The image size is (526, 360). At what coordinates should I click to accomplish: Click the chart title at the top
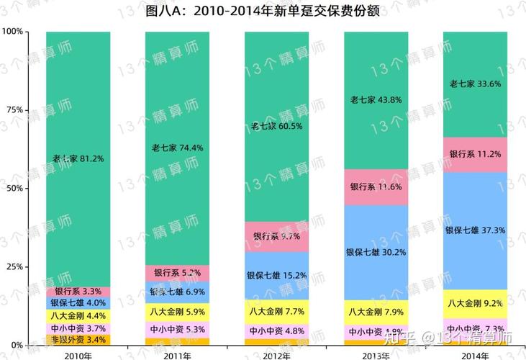(x=263, y=11)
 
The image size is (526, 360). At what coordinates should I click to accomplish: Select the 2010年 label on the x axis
(x=78, y=354)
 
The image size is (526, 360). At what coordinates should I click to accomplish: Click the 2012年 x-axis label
(x=277, y=354)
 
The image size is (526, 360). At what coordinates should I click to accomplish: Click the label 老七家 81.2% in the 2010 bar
(x=78, y=158)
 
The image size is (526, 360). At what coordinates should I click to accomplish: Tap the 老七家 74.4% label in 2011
(x=177, y=148)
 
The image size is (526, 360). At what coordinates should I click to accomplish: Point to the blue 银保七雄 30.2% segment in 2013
(x=376, y=253)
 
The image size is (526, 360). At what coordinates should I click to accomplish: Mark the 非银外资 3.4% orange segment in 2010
(x=78, y=339)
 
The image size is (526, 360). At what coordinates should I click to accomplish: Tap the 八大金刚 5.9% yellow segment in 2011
(x=177, y=312)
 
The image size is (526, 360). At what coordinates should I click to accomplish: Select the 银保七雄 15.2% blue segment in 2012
(x=277, y=275)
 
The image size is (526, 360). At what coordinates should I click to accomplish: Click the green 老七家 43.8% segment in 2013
(x=376, y=100)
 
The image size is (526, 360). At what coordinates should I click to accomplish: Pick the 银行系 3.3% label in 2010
(x=78, y=292)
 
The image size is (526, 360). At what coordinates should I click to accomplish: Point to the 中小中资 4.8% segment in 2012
(x=277, y=332)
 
